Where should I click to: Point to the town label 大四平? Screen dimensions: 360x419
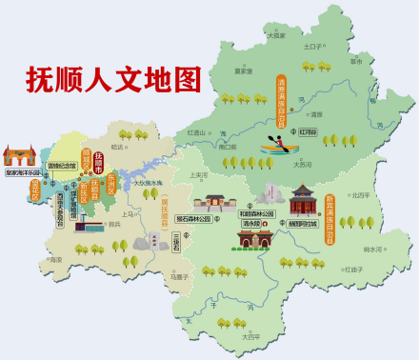pos(250,336)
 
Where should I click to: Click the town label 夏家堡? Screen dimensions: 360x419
pos(243,70)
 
